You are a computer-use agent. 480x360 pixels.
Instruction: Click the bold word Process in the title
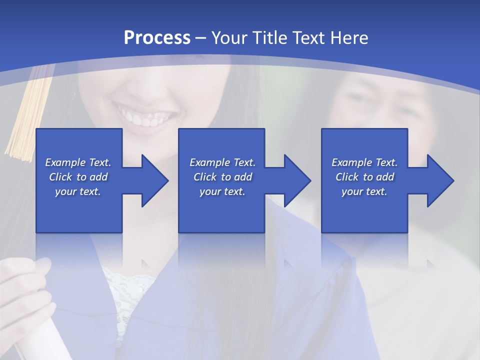click(x=157, y=38)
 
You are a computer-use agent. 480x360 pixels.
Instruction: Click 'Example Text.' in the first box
click(x=78, y=162)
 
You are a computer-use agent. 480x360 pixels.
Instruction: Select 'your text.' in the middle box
click(x=222, y=191)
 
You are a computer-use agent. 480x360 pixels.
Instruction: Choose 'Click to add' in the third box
click(x=364, y=177)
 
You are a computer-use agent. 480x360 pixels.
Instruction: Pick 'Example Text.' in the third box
click(x=364, y=162)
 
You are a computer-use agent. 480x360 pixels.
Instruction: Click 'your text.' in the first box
click(x=78, y=191)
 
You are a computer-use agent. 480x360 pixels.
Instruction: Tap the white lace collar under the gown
click(x=120, y=290)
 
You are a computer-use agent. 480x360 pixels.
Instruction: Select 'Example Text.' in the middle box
click(x=222, y=162)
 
